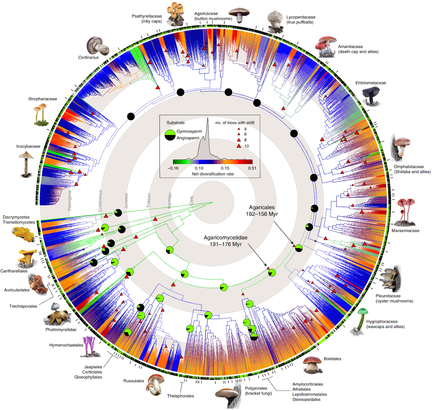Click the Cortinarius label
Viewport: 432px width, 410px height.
coord(88,57)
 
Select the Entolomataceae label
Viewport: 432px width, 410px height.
coord(370,83)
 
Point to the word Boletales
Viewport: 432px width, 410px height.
coord(332,359)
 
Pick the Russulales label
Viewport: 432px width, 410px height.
coord(133,381)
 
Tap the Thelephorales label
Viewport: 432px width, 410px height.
coord(180,396)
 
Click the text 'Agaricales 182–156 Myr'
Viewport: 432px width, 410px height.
coord(262,211)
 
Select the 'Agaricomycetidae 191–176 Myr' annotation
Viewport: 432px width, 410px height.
coord(225,241)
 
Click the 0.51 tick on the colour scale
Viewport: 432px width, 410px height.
coord(252,168)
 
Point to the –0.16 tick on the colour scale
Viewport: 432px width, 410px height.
coord(173,168)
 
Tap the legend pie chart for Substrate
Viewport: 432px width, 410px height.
coord(170,135)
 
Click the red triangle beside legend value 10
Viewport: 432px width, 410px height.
coord(239,146)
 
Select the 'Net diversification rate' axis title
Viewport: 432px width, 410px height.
coord(213,174)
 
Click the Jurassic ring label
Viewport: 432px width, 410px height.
coord(126,201)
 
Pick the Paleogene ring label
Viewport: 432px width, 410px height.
coord(70,200)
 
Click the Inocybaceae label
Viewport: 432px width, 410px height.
coord(28,146)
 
